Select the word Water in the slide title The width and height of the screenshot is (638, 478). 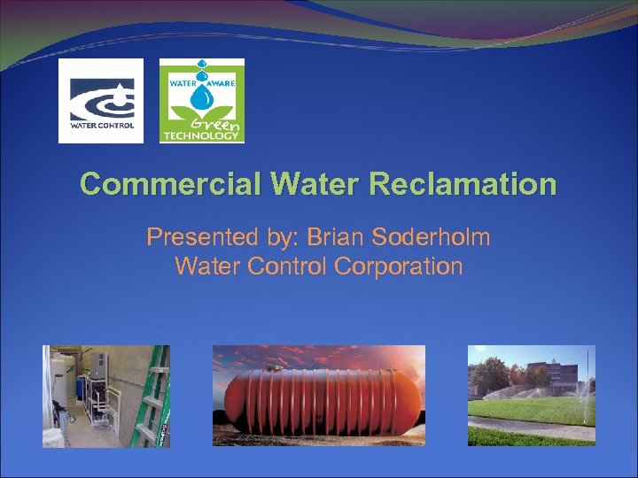pos(315,184)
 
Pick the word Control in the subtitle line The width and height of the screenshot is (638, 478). pos(292,266)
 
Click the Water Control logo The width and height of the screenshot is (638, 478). pos(101,100)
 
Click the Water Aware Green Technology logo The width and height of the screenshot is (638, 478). pos(201,100)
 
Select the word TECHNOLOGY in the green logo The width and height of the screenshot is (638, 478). pos(201,136)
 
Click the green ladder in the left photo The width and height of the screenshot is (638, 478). pos(148,398)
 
